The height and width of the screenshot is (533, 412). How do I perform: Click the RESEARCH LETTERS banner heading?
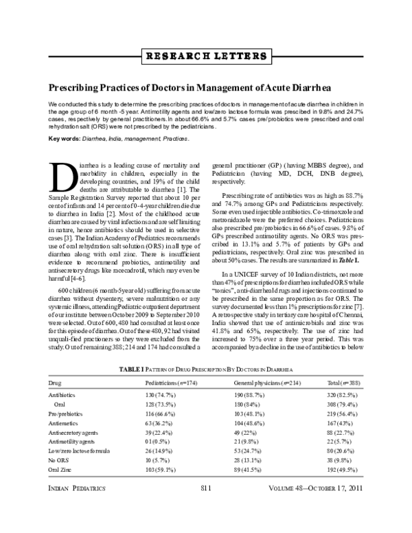[205, 55]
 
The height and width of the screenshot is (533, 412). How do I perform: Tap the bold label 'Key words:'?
[63, 138]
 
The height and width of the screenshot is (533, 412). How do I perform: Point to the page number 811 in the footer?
[205, 507]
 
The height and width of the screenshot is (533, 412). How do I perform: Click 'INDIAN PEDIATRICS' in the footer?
[75, 507]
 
